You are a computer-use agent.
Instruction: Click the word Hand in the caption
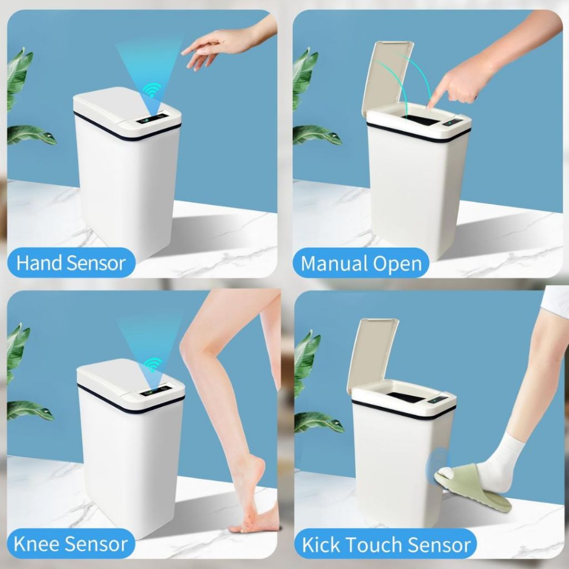[x=38, y=263]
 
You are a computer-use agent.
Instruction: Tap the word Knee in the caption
[x=36, y=543]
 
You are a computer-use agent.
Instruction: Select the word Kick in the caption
[x=321, y=545]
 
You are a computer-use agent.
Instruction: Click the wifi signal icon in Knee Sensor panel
[x=153, y=364]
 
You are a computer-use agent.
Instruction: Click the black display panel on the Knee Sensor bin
[x=156, y=391]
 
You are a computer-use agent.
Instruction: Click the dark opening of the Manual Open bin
[x=421, y=120]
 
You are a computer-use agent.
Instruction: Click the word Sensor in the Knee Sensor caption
[x=96, y=543]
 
